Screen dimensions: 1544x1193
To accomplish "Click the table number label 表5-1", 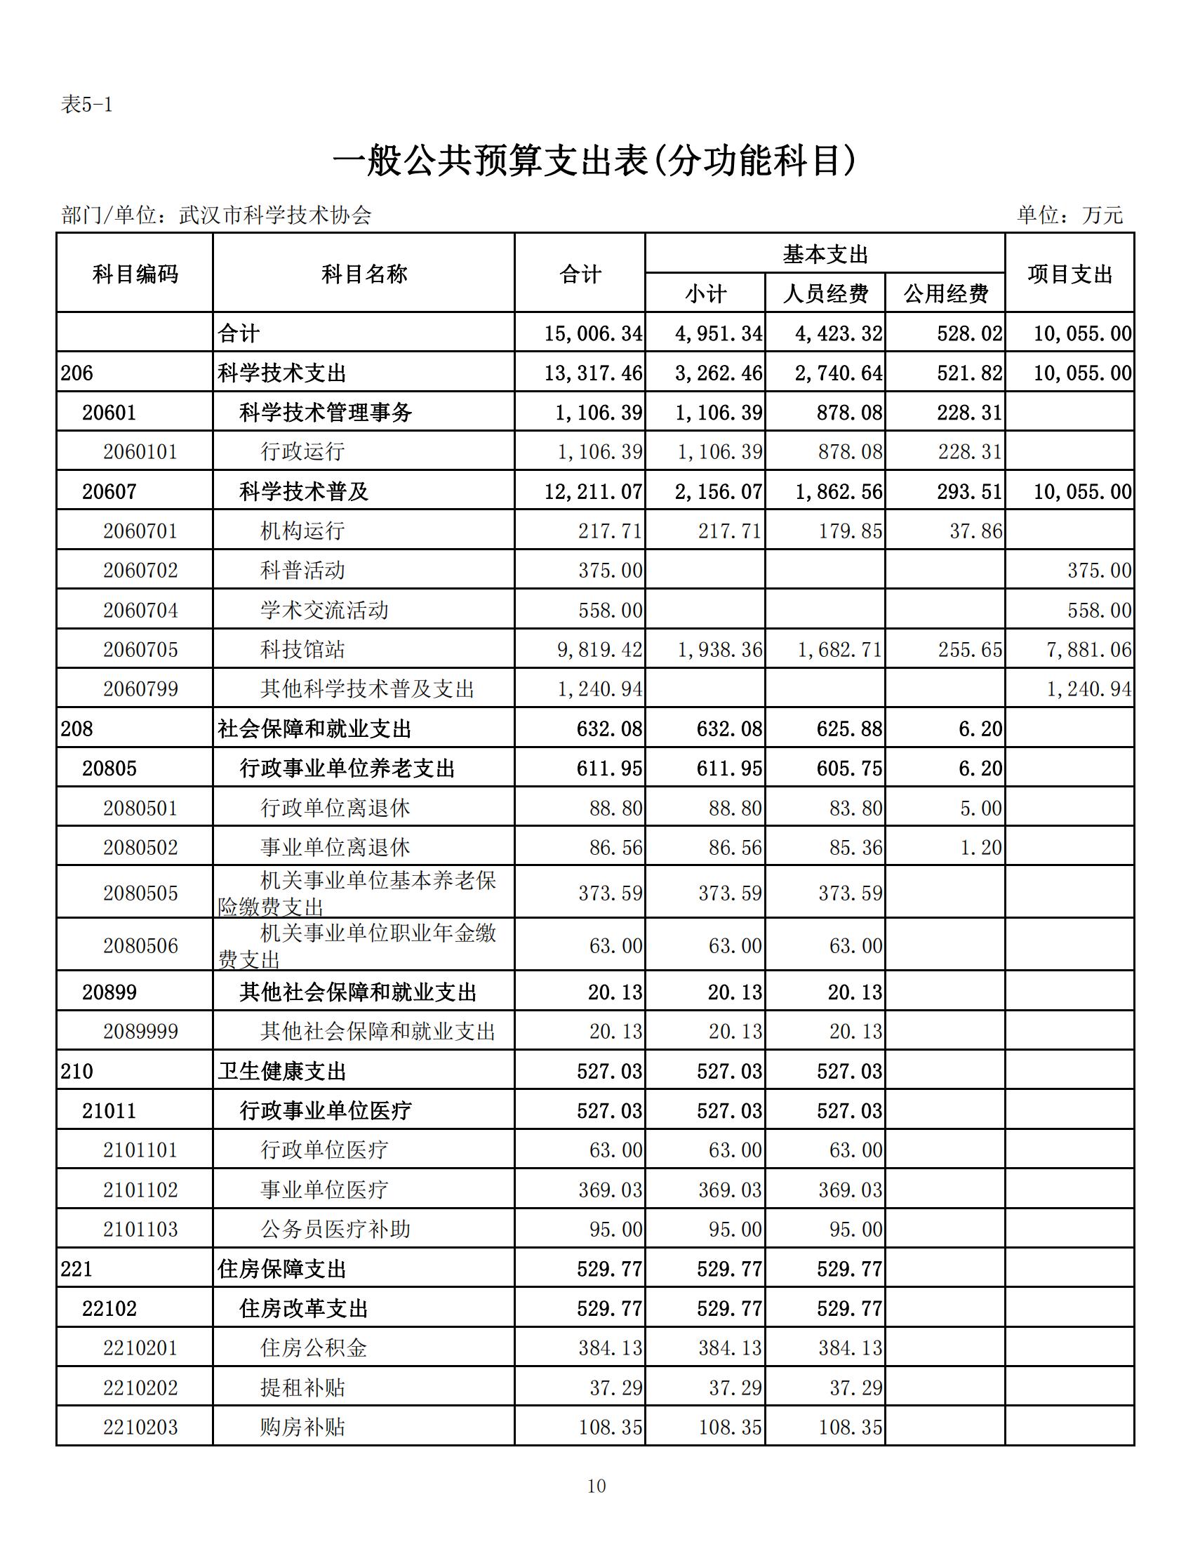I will [x=87, y=105].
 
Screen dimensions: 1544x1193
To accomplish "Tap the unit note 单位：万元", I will [x=1069, y=215].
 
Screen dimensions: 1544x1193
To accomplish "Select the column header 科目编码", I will [x=135, y=274].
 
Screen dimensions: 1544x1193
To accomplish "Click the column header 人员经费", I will [x=825, y=294].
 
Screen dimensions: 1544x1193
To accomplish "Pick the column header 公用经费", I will [x=946, y=294].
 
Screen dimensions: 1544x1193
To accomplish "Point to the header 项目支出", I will [x=1069, y=274].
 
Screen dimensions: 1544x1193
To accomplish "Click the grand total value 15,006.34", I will [x=593, y=333].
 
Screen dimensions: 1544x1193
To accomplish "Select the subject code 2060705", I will [x=140, y=650].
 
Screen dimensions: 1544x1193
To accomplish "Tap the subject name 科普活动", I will [x=302, y=571].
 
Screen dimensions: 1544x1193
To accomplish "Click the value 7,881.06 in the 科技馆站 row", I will [x=1088, y=650].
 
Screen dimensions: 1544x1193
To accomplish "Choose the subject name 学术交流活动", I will [x=324, y=610].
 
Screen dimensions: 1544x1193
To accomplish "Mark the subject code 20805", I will [x=109, y=768].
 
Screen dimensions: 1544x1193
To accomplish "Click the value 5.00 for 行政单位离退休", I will [x=981, y=808].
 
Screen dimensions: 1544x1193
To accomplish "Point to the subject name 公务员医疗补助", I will [x=335, y=1230].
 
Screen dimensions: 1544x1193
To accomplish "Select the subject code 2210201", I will [x=140, y=1348].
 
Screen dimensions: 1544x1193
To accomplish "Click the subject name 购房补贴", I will [x=302, y=1427].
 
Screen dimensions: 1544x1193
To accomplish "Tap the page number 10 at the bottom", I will [x=596, y=1486].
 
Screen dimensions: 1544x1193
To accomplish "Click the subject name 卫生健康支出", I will [x=282, y=1072].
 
